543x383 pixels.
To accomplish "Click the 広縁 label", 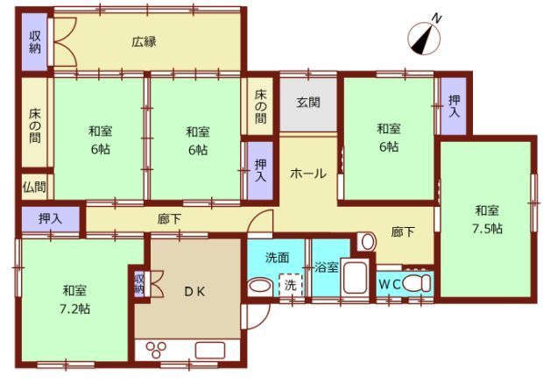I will (x=145, y=40).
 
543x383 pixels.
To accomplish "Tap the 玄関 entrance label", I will (x=307, y=102).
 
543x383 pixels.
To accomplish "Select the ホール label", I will (x=307, y=174).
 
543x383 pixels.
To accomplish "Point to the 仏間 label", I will (x=35, y=187).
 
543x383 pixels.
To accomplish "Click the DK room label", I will (x=194, y=291).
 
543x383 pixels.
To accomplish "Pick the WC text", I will (x=391, y=285).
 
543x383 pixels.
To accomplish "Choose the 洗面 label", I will (x=278, y=259).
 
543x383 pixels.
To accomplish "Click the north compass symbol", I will (x=425, y=35).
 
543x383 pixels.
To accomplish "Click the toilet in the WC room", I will (x=420, y=283).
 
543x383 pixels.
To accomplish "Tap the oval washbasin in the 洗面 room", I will (x=260, y=286).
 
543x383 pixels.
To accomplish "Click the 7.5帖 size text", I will (x=488, y=228).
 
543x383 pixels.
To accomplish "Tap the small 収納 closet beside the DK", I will (x=139, y=285).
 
